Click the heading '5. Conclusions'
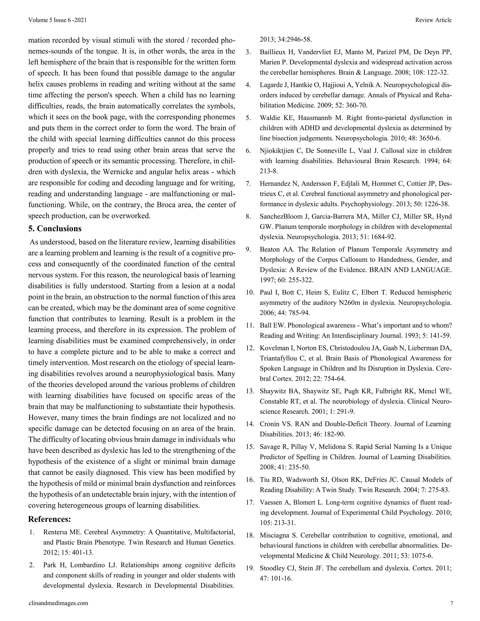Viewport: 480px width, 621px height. tap(55, 229)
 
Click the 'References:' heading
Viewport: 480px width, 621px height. tap(49, 519)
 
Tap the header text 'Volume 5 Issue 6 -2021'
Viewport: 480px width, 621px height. tap(57, 20)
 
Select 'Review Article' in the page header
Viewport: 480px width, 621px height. tap(433, 20)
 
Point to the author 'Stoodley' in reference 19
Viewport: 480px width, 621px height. tap(272, 569)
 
